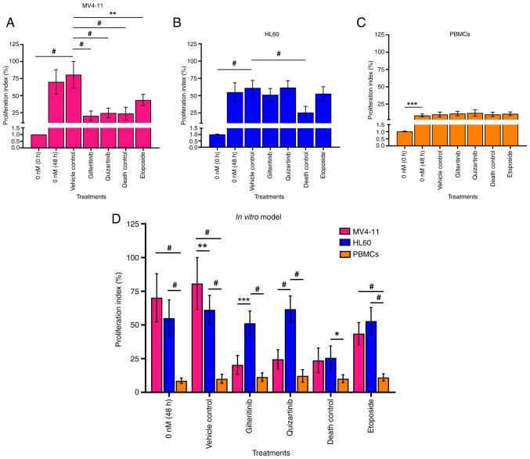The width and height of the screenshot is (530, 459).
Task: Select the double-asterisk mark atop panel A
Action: (x=113, y=13)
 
